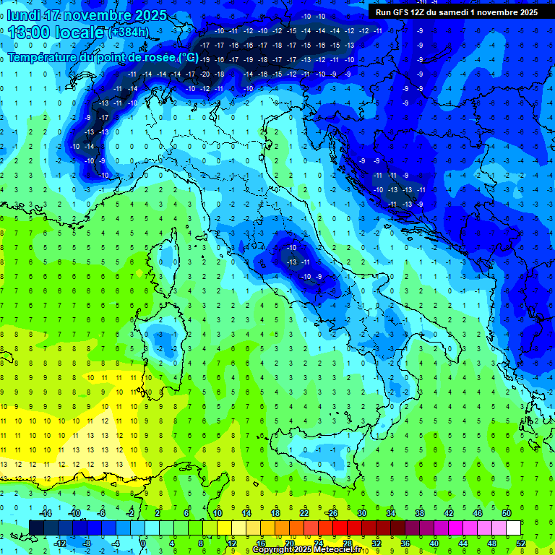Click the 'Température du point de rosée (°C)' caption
click(x=103, y=57)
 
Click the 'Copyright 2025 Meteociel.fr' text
click(x=311, y=550)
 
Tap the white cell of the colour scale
click(x=514, y=528)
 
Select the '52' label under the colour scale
click(x=521, y=543)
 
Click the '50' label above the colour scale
click(x=507, y=512)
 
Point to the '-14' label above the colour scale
click(x=44, y=512)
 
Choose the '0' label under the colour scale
click(x=144, y=543)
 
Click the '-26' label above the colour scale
click(x=332, y=512)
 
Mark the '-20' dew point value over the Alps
click(x=205, y=74)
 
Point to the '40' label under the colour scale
click(x=434, y=543)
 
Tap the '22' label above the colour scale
click(x=304, y=512)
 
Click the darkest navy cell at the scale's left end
click(x=36, y=528)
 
